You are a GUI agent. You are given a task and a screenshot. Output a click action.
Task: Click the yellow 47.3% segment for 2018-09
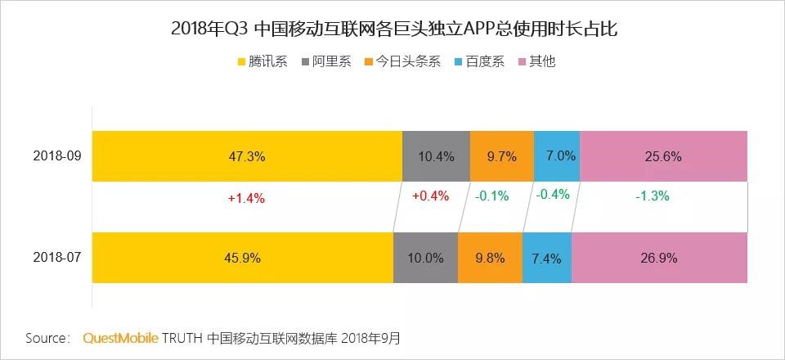tap(247, 155)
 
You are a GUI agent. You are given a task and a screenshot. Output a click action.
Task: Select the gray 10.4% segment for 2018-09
tap(436, 155)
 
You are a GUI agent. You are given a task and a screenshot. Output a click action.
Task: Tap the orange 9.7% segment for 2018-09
tap(501, 155)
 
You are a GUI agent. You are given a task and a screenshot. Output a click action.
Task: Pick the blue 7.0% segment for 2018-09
tap(557, 155)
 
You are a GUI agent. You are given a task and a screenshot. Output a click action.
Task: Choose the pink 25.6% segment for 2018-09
tap(663, 155)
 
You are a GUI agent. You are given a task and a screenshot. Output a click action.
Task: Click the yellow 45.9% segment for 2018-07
tap(242, 258)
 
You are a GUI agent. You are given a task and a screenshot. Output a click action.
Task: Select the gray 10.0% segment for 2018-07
tap(425, 258)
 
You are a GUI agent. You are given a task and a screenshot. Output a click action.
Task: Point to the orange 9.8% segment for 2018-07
tap(490, 258)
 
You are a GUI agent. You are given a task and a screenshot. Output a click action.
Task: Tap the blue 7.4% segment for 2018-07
tap(546, 258)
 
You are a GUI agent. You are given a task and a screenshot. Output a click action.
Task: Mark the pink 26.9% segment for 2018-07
tap(659, 258)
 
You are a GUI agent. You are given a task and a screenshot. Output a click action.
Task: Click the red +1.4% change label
tap(246, 197)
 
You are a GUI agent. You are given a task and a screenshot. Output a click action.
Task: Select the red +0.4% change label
tap(430, 196)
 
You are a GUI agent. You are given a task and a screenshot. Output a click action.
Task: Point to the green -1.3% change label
tap(652, 196)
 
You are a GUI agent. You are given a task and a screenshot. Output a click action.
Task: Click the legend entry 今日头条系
tap(402, 61)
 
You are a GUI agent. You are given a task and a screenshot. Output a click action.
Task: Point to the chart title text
tap(392, 29)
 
